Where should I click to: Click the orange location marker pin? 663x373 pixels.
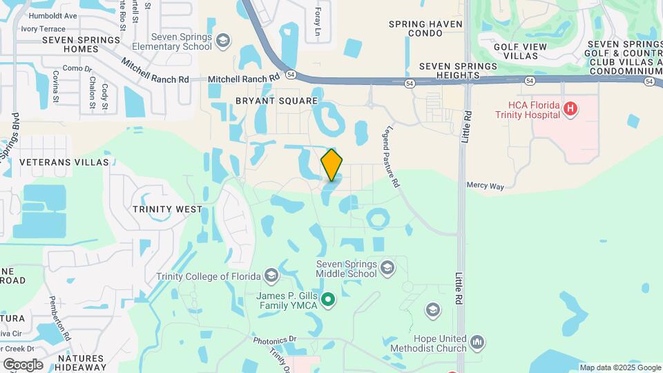coord(331,164)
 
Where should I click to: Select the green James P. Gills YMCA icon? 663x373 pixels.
coord(329,300)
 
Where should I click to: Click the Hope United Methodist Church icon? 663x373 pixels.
coord(477,342)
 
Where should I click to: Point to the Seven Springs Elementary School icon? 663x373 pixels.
coord(222,41)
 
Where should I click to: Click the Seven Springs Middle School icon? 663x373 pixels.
coord(387,267)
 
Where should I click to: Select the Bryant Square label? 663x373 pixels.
coord(276,101)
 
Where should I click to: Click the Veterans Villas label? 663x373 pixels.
coord(64,162)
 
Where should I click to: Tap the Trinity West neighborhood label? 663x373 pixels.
coord(167,209)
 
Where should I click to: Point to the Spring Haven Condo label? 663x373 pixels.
coord(425,28)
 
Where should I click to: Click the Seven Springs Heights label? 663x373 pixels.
coord(458,71)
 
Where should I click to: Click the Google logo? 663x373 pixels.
coord(23,364)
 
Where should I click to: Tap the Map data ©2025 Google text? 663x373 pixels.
coord(619,367)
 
